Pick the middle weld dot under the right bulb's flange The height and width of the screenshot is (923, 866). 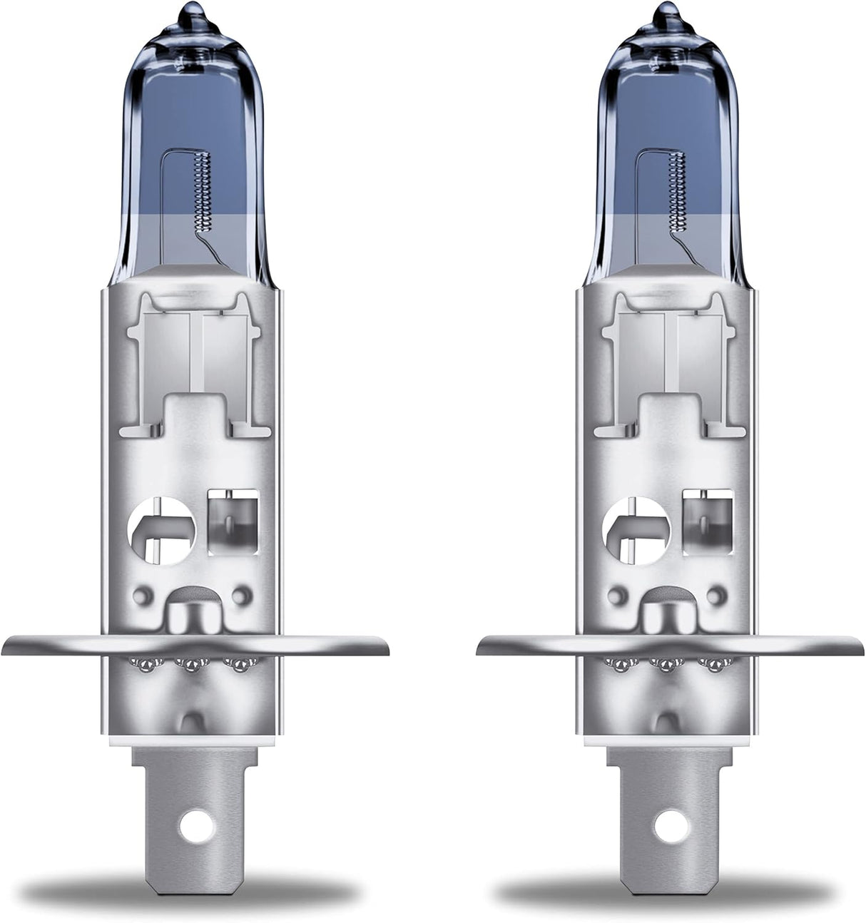666,665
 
